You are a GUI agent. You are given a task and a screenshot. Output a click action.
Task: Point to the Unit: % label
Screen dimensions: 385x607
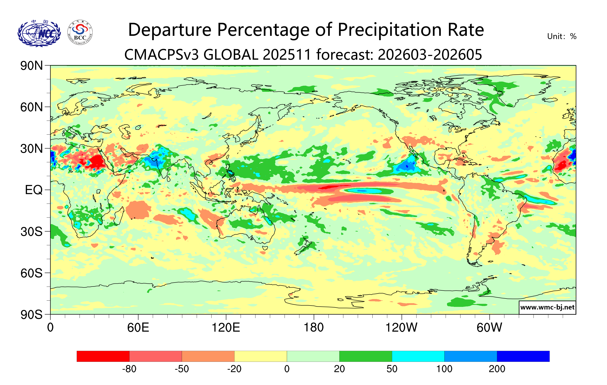click(x=562, y=36)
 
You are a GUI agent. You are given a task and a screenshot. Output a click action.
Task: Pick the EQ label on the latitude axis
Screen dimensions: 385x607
click(x=34, y=190)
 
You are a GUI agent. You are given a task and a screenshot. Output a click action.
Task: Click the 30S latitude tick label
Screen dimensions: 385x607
click(x=31, y=232)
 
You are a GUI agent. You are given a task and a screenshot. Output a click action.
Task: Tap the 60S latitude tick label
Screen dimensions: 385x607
click(x=31, y=273)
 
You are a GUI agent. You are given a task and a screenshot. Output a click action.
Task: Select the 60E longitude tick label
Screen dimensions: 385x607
click(x=138, y=328)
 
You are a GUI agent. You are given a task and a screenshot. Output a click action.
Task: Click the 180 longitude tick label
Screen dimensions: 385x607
click(x=314, y=328)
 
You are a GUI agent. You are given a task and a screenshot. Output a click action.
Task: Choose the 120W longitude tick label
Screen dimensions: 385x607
click(x=401, y=328)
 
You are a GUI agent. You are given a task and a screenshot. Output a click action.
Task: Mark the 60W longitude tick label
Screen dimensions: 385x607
click(x=489, y=328)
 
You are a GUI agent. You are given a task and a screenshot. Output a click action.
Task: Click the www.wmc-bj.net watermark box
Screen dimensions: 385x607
click(x=547, y=307)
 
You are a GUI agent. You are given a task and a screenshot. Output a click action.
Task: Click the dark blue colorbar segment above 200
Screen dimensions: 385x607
click(x=523, y=356)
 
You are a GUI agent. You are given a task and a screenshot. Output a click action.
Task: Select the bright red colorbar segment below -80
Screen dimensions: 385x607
click(x=103, y=356)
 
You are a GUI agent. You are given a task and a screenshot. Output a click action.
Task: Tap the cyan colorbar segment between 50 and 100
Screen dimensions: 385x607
click(x=418, y=356)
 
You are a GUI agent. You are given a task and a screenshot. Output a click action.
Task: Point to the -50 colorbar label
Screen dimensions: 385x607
click(x=182, y=369)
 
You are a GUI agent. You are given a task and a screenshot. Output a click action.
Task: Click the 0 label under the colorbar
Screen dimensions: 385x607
click(x=287, y=369)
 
